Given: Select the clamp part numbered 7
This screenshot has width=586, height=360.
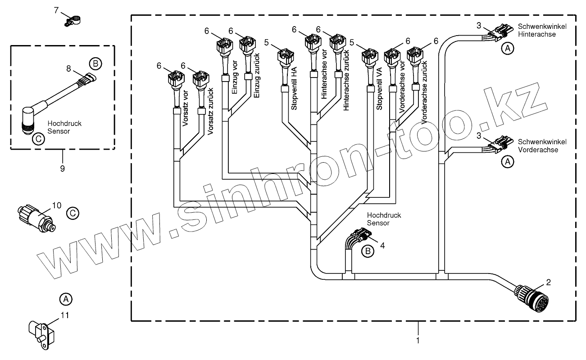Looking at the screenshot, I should pos(73,20).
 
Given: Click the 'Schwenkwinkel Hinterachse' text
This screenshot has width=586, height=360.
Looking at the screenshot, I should pos(542,30).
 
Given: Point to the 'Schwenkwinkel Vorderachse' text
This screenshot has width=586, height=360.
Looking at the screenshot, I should pos(542,146).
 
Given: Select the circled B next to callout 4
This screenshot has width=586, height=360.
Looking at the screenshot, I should pos(368,251).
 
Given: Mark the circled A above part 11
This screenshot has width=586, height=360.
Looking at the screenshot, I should pos(66,298).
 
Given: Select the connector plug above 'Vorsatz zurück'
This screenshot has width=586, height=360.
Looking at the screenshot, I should pos(200,79).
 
